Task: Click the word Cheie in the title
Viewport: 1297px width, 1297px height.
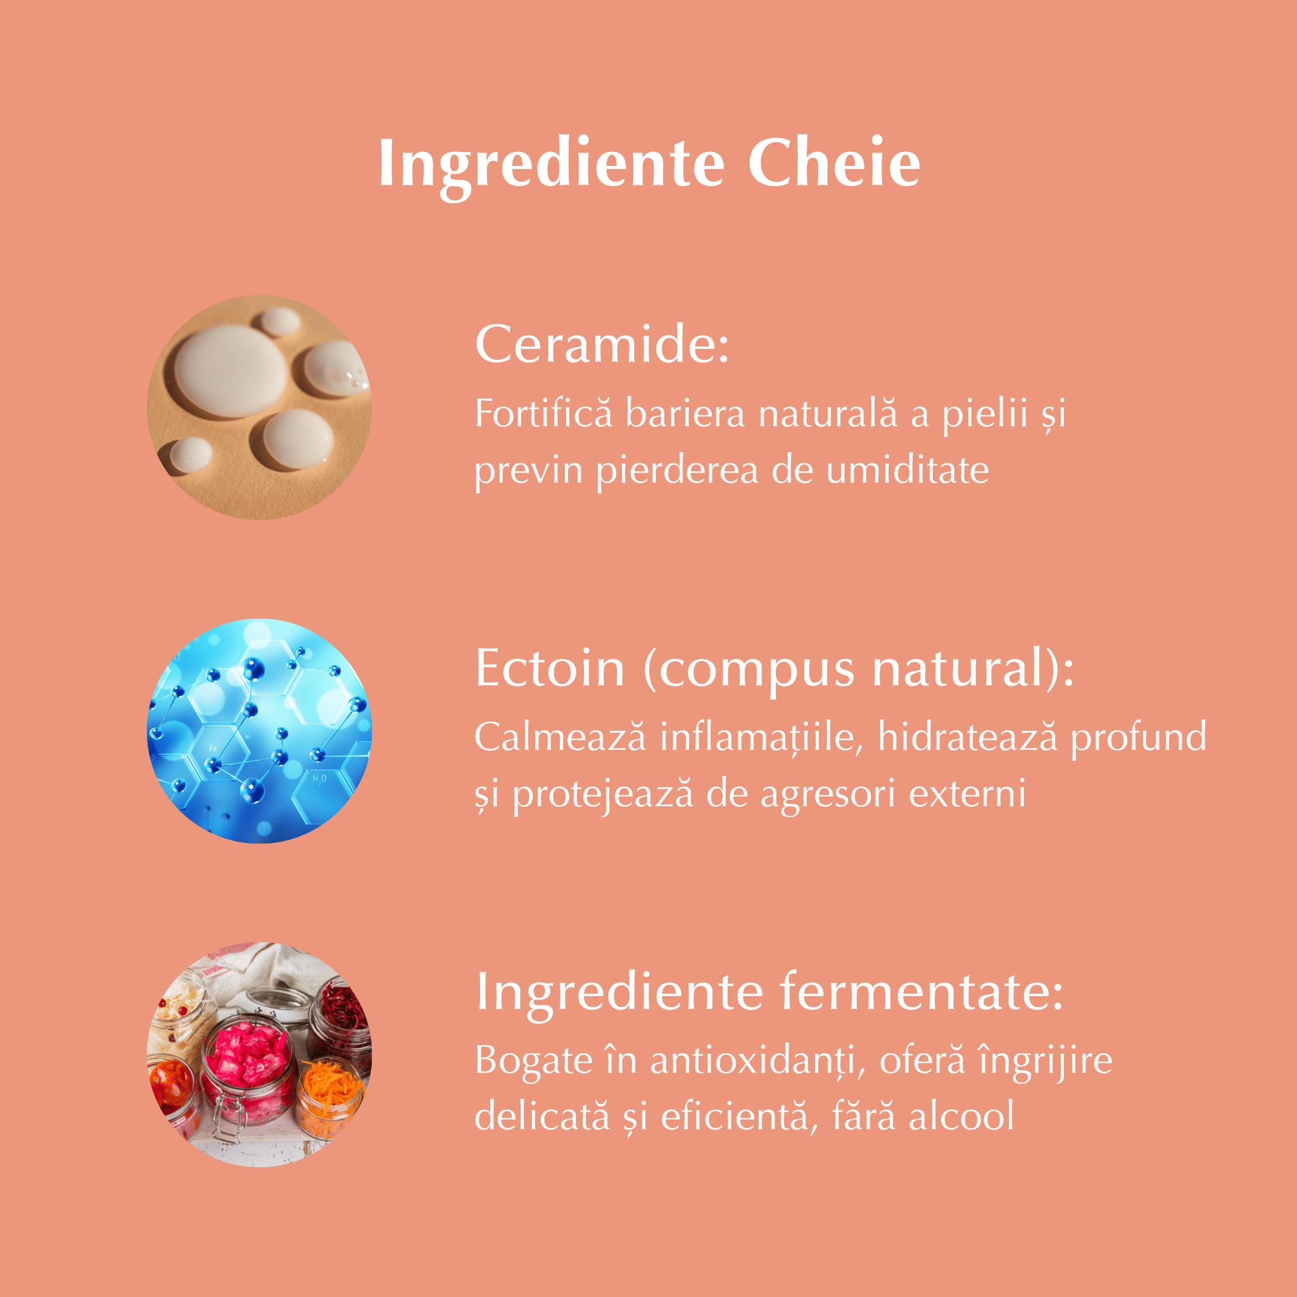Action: coord(834,163)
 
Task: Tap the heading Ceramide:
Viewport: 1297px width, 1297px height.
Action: coord(602,344)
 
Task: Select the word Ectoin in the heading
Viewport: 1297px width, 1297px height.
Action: coord(550,668)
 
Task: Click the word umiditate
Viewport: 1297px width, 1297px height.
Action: coord(907,470)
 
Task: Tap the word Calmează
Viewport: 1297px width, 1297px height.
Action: coord(560,737)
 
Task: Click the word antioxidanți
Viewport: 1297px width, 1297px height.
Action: coord(756,1061)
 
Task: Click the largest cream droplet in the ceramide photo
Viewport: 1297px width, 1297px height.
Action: coord(231,372)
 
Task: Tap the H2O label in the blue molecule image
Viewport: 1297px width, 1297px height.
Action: coord(320,779)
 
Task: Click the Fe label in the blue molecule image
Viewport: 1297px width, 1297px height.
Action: coord(213,748)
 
